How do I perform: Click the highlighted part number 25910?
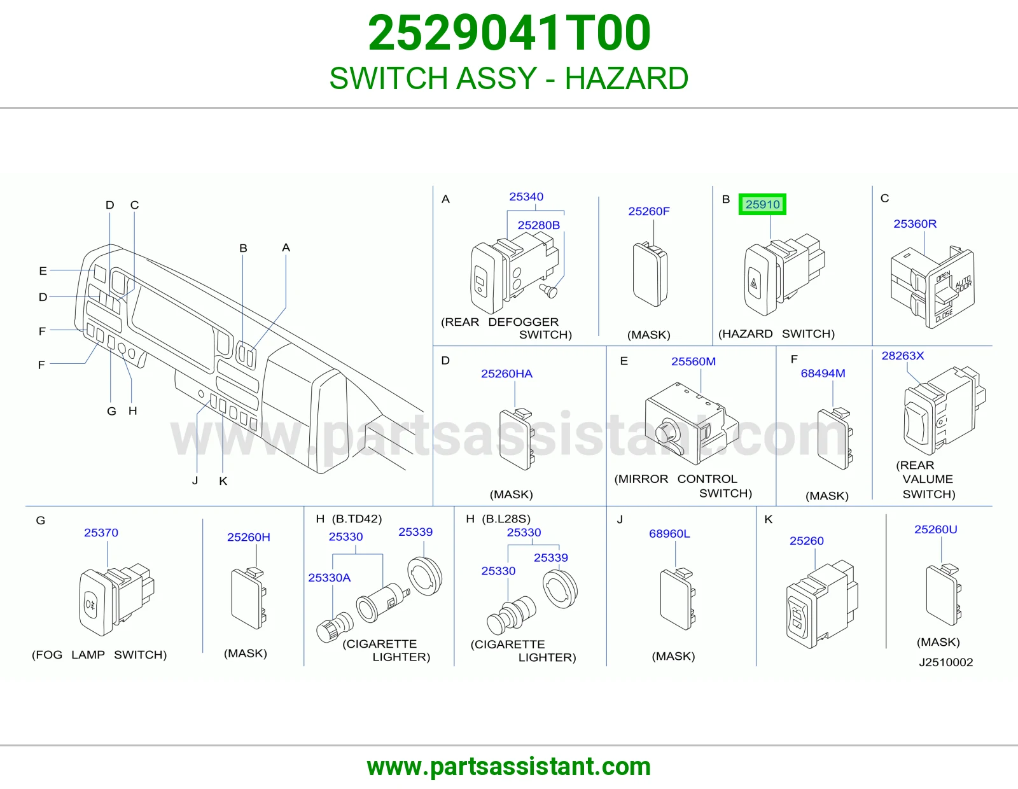pyautogui.click(x=762, y=204)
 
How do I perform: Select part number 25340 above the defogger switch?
pyautogui.click(x=526, y=197)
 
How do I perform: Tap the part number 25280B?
pyautogui.click(x=538, y=225)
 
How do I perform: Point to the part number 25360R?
pyautogui.click(x=914, y=224)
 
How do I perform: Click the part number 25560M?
pyautogui.click(x=694, y=361)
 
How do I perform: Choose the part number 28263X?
pyautogui.click(x=903, y=356)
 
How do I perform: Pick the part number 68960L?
pyautogui.click(x=669, y=534)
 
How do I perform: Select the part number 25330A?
pyautogui.click(x=329, y=578)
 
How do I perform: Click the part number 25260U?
pyautogui.click(x=935, y=529)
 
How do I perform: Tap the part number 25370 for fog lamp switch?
pyautogui.click(x=101, y=533)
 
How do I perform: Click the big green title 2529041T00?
pyautogui.click(x=509, y=33)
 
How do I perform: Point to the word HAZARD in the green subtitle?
pyautogui.click(x=626, y=78)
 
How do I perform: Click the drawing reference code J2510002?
pyautogui.click(x=945, y=662)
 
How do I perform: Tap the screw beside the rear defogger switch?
pyautogui.click(x=549, y=291)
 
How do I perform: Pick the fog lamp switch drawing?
pyautogui.click(x=116, y=599)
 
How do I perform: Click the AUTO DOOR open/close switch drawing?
pyautogui.click(x=932, y=287)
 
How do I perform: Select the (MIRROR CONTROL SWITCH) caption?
pyautogui.click(x=683, y=486)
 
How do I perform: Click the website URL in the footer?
pyautogui.click(x=509, y=767)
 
